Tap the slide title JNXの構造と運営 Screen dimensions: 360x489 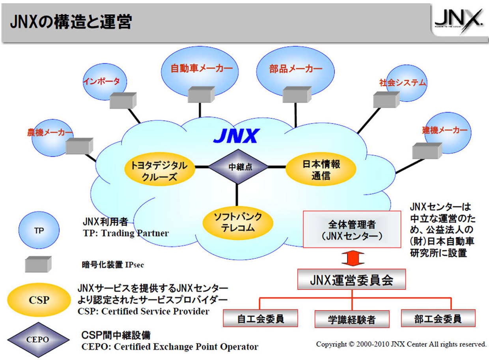(x=71, y=22)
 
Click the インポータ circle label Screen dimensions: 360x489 (x=101, y=81)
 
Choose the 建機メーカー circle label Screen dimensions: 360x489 (x=444, y=130)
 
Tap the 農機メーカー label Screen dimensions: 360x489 (x=50, y=132)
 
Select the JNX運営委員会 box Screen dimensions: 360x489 (x=351, y=279)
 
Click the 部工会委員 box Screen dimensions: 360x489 (x=438, y=318)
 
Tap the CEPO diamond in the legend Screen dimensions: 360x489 (x=38, y=339)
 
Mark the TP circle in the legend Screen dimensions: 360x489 (x=39, y=231)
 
